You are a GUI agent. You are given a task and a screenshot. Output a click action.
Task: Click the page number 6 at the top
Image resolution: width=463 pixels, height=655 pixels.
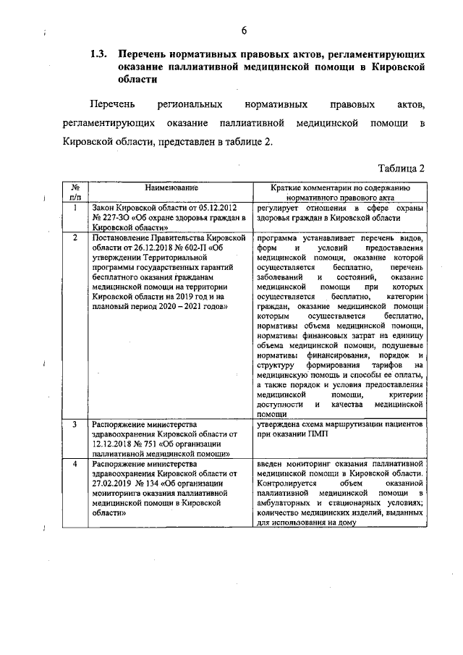(244, 30)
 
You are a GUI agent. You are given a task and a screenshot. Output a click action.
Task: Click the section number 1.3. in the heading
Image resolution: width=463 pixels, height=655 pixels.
(99, 54)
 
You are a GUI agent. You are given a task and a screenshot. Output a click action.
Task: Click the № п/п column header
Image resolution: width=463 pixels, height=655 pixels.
(75, 191)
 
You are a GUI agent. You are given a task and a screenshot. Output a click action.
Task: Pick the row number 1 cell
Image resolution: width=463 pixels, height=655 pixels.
(75, 208)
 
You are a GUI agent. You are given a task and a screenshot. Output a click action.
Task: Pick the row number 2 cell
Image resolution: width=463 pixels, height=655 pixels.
(75, 238)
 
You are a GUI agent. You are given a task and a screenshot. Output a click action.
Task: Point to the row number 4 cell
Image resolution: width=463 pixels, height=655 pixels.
(75, 463)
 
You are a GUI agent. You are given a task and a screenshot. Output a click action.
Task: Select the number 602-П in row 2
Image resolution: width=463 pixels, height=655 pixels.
(194, 248)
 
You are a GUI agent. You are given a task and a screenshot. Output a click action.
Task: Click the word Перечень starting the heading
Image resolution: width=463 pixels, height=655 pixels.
(146, 54)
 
